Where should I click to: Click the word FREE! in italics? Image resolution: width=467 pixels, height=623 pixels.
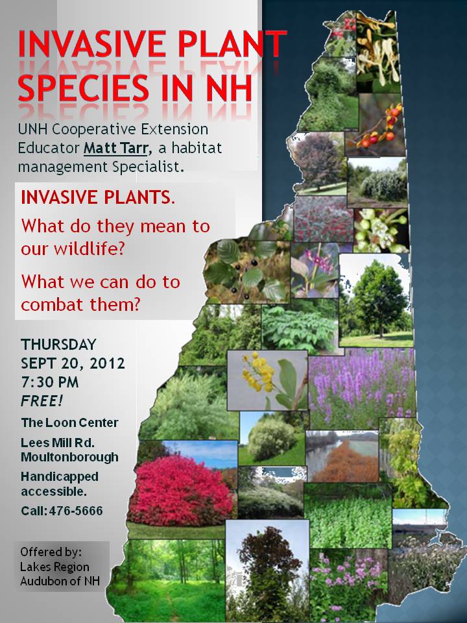pyautogui.click(x=42, y=401)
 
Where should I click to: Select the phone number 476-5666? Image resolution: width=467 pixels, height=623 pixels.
pyautogui.click(x=76, y=511)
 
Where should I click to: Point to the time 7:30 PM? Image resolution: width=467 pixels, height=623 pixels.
pyautogui.click(x=50, y=382)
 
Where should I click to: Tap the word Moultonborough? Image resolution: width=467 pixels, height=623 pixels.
pyautogui.click(x=69, y=457)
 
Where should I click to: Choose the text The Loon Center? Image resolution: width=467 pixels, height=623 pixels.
pyautogui.click(x=69, y=422)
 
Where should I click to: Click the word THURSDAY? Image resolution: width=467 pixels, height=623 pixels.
pyautogui.click(x=58, y=344)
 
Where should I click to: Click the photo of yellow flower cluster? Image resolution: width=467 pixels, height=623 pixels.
pyautogui.click(x=267, y=380)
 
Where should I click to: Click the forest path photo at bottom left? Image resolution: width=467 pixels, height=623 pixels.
pyautogui.click(x=167, y=580)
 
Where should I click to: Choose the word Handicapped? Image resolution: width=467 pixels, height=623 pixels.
pyautogui.click(x=60, y=477)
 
